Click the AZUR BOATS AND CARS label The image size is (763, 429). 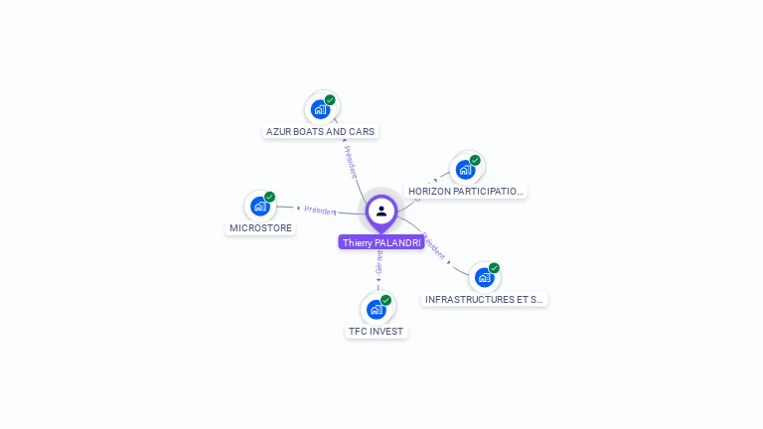click(321, 131)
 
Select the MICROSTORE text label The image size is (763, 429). click(261, 227)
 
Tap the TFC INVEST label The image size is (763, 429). click(377, 331)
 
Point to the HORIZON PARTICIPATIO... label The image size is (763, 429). click(465, 191)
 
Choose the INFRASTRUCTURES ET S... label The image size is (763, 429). click(484, 299)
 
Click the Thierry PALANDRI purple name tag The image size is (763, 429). click(381, 242)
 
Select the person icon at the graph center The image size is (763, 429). click(381, 211)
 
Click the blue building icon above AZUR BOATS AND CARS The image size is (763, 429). click(320, 109)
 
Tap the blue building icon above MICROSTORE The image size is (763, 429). click(260, 206)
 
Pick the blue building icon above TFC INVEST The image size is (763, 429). click(376, 309)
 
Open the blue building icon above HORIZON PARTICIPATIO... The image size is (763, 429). click(465, 169)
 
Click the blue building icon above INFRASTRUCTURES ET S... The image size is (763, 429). click(483, 277)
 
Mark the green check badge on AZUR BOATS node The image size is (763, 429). click(330, 100)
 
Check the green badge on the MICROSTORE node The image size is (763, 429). click(269, 197)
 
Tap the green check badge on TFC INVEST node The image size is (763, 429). click(385, 300)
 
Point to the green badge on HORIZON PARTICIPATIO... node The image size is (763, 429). click(475, 160)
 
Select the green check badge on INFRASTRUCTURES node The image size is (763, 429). click(494, 268)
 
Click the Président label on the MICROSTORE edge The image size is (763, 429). click(319, 211)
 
